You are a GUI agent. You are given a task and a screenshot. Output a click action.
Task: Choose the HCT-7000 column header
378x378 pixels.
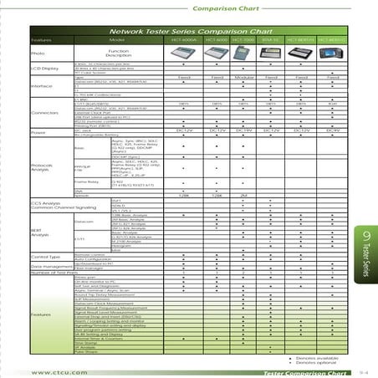click(x=243, y=39)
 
